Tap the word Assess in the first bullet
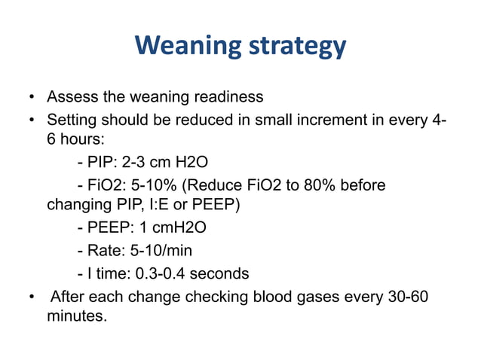coord(71,97)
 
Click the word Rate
coord(103,251)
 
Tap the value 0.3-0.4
coord(167,273)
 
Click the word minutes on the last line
coord(75,316)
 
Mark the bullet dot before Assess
coord(31,98)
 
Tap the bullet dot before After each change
coord(31,295)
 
